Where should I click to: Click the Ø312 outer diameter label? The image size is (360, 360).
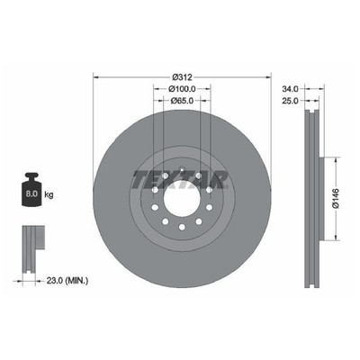pos(182,77)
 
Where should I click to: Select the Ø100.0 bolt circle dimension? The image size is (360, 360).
pos(182,89)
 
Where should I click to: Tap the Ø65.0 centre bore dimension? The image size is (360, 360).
pos(182,101)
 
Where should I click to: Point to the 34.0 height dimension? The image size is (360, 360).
pos(290,89)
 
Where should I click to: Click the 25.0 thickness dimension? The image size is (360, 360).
pos(290,101)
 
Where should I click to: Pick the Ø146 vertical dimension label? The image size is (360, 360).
pos(336,199)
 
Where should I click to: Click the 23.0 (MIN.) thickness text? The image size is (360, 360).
pos(67,281)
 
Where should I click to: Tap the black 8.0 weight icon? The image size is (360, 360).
pos(31,189)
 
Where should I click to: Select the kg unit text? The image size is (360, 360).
pos(49,194)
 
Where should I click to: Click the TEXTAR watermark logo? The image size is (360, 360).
pos(179,180)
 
